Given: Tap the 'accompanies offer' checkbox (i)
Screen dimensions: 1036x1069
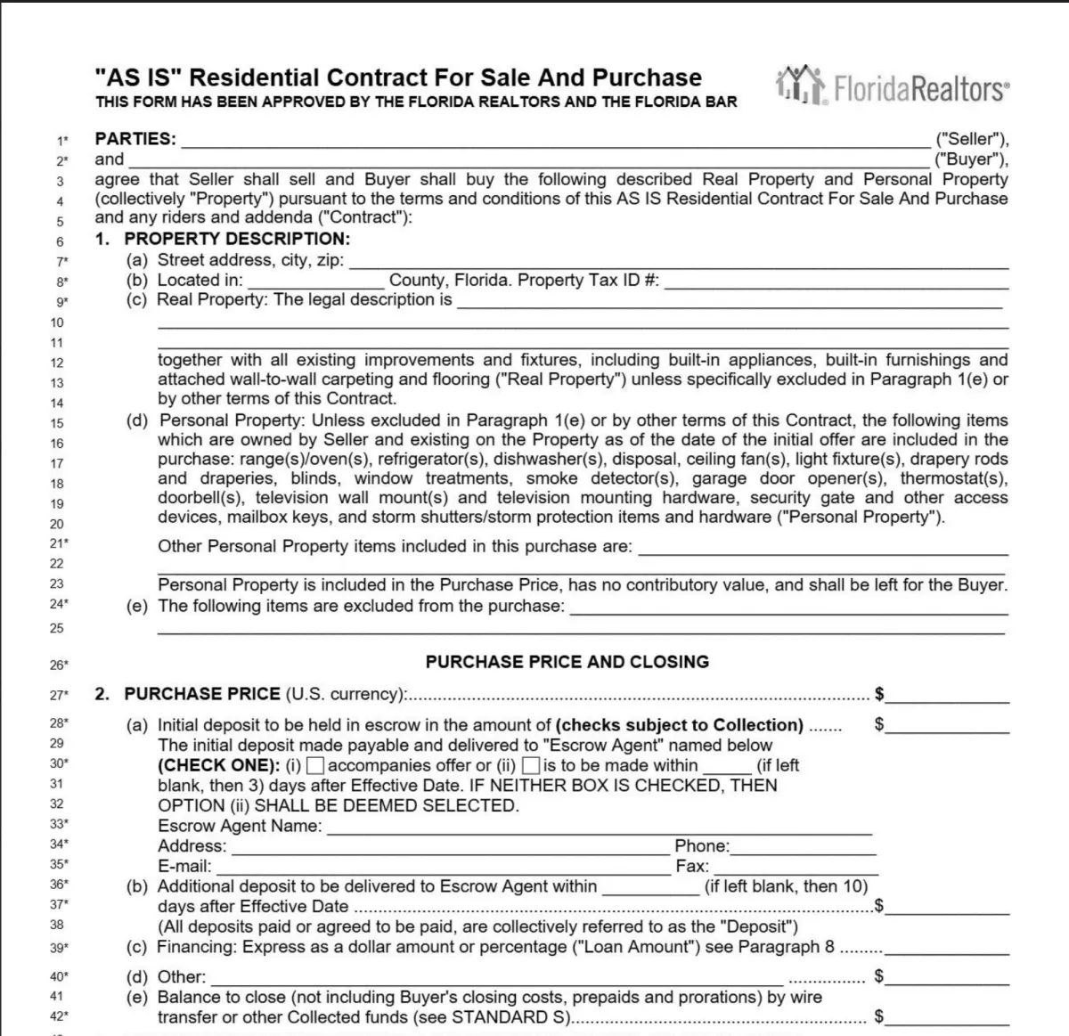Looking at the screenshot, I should pos(315,765).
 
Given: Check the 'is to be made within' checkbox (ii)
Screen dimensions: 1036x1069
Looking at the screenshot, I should pos(531,765).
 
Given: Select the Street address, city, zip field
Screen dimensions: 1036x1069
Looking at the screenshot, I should pos(677,261).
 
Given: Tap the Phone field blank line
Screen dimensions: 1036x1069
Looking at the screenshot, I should pos(802,847).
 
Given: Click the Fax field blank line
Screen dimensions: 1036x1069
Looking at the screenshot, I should pos(795,868).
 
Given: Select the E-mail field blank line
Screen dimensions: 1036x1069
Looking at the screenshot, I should pos(442,868).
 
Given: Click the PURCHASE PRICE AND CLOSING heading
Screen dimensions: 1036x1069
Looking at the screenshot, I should pos(567,662).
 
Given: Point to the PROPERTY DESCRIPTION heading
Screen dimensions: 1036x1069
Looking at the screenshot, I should pos(237,239).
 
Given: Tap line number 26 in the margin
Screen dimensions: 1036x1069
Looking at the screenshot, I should pos(58,665).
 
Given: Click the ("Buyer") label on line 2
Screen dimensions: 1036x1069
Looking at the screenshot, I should pos(971,159).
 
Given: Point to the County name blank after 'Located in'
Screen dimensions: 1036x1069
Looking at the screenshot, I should pos(316,281).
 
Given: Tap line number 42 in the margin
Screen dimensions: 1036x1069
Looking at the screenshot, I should pos(58,1016).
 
